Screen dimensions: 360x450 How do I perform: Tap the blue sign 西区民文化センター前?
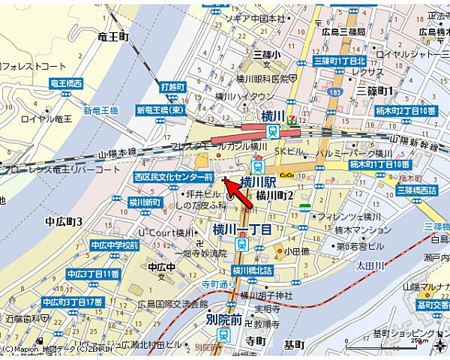pos(173,176)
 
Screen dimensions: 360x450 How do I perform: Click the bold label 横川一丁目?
pos(241,229)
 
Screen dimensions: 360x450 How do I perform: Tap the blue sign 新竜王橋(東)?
pos(160,110)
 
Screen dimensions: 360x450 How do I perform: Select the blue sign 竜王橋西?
pos(66,84)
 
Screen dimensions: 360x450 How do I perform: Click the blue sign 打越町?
pos(172,87)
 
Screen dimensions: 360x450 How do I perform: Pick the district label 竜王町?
pos(113,36)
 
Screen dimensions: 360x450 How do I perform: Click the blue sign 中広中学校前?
pos(114,245)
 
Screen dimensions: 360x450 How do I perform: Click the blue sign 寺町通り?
pos(218,285)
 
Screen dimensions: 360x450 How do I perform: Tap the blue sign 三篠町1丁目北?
pos(340,60)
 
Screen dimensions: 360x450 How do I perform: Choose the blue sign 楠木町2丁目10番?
pos(405,111)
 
